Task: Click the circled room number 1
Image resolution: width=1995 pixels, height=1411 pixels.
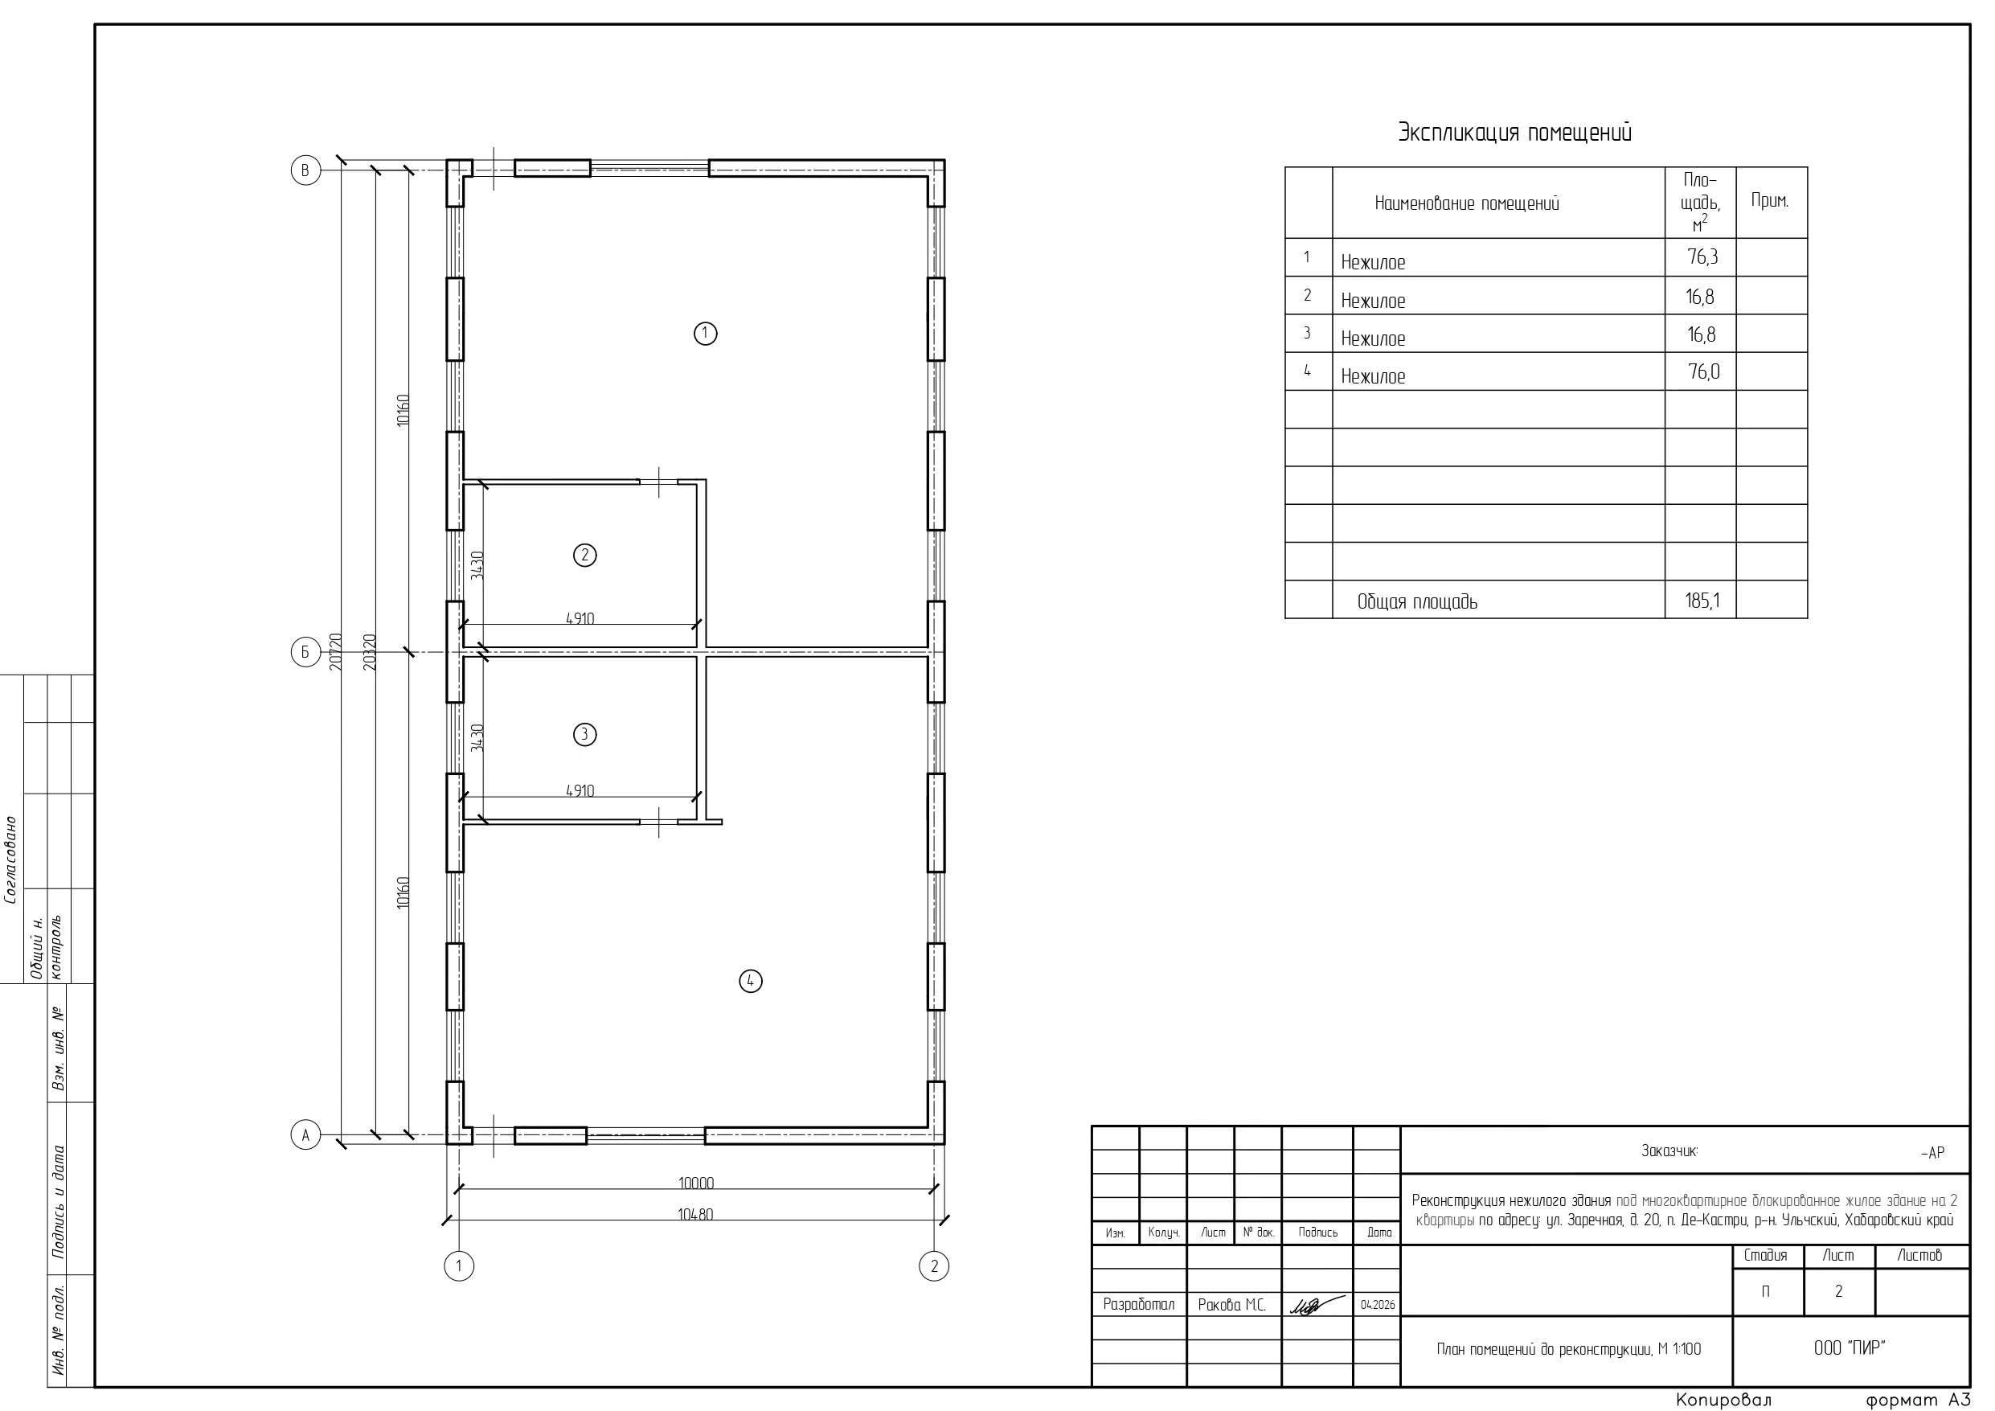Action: (706, 333)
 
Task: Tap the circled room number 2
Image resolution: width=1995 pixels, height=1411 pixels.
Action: (585, 555)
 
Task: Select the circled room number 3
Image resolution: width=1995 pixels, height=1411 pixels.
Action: (585, 735)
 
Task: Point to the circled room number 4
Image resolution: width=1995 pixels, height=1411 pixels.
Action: (751, 982)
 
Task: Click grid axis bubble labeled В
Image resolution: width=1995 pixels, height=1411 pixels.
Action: (305, 170)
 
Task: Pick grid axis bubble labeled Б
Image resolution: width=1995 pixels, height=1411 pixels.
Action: (305, 652)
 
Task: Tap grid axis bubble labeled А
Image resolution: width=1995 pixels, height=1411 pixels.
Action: (305, 1135)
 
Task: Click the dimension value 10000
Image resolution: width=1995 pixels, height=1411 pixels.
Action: (696, 1183)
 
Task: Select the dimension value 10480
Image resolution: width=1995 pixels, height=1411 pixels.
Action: (695, 1215)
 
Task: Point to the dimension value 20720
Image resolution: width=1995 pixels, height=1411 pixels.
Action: (336, 652)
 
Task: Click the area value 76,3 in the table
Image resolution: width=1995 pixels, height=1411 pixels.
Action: (1702, 257)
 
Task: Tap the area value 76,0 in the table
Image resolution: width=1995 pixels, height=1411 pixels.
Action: (1704, 372)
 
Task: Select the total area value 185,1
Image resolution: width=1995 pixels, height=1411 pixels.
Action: (1702, 600)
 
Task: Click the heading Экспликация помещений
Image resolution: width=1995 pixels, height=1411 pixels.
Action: (1514, 133)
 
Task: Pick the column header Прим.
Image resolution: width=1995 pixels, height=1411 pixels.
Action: (1770, 201)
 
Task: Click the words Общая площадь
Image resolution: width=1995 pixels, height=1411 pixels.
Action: (1417, 601)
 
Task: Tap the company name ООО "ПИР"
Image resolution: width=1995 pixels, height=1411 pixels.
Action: (1850, 1347)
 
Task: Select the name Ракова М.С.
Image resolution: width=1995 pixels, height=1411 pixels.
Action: (1232, 1305)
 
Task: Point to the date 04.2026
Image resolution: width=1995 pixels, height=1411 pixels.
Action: (1377, 1305)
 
